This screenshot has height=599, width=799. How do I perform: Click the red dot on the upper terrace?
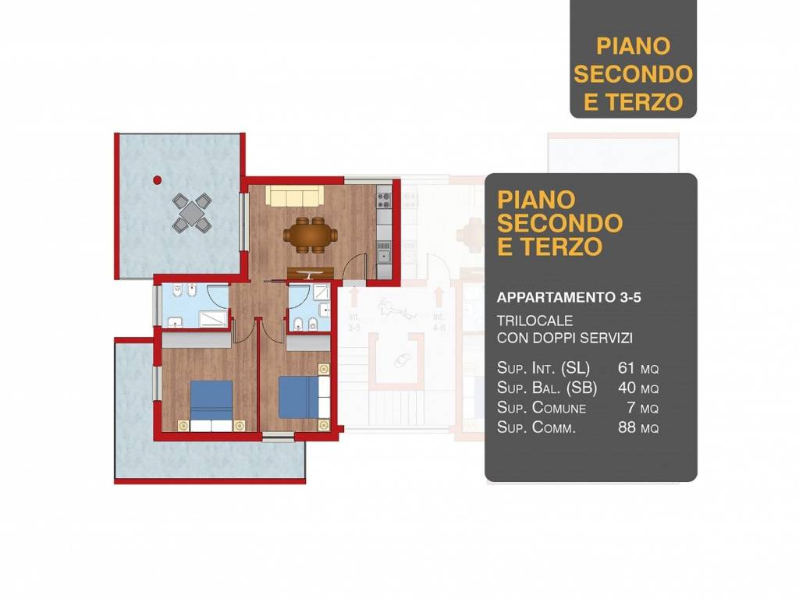tap(157, 179)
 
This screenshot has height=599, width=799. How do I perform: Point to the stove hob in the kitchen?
tap(383, 200)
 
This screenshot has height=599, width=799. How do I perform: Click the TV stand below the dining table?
tap(311, 272)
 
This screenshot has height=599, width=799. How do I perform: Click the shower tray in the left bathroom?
tap(211, 317)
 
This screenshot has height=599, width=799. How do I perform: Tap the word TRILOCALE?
tap(535, 321)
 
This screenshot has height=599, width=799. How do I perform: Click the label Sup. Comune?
tap(542, 408)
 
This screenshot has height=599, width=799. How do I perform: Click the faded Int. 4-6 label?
tap(438, 322)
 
